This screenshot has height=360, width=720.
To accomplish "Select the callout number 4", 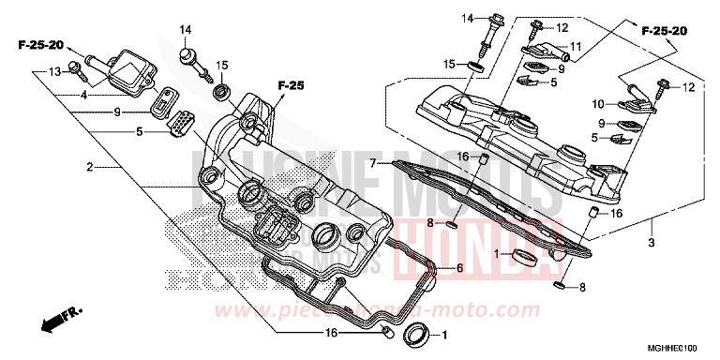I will (x=84, y=94).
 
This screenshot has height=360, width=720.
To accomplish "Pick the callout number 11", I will (x=576, y=46).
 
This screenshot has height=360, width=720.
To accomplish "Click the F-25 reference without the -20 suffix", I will (x=292, y=86).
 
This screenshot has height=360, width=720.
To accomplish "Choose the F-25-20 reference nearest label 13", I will (x=38, y=45).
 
